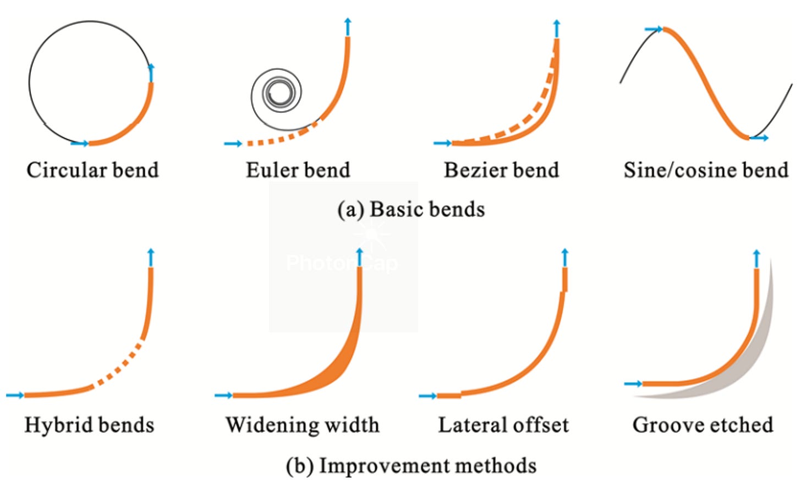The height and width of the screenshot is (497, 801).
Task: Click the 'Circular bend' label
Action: click(x=92, y=170)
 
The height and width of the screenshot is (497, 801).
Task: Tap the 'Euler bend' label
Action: click(x=298, y=170)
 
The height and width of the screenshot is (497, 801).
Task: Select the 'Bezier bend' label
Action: click(x=501, y=170)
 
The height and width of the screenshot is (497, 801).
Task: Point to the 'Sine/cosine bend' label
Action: click(x=706, y=170)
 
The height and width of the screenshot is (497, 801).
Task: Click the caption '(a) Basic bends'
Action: click(x=411, y=210)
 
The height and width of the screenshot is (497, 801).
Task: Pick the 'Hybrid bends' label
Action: click(x=89, y=425)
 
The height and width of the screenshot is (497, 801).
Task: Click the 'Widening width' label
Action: click(x=302, y=425)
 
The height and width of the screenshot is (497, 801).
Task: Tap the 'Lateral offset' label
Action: click(x=503, y=425)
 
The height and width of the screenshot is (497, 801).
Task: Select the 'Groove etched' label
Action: click(x=703, y=425)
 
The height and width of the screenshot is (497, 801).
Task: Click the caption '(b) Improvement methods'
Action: click(x=411, y=466)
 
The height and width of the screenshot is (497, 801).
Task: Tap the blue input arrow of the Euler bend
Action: click(x=233, y=144)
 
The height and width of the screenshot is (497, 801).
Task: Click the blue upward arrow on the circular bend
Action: click(x=151, y=72)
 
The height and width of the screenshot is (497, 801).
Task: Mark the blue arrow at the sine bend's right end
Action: click(x=760, y=138)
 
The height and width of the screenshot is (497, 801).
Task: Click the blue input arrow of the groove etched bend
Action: click(x=634, y=384)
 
